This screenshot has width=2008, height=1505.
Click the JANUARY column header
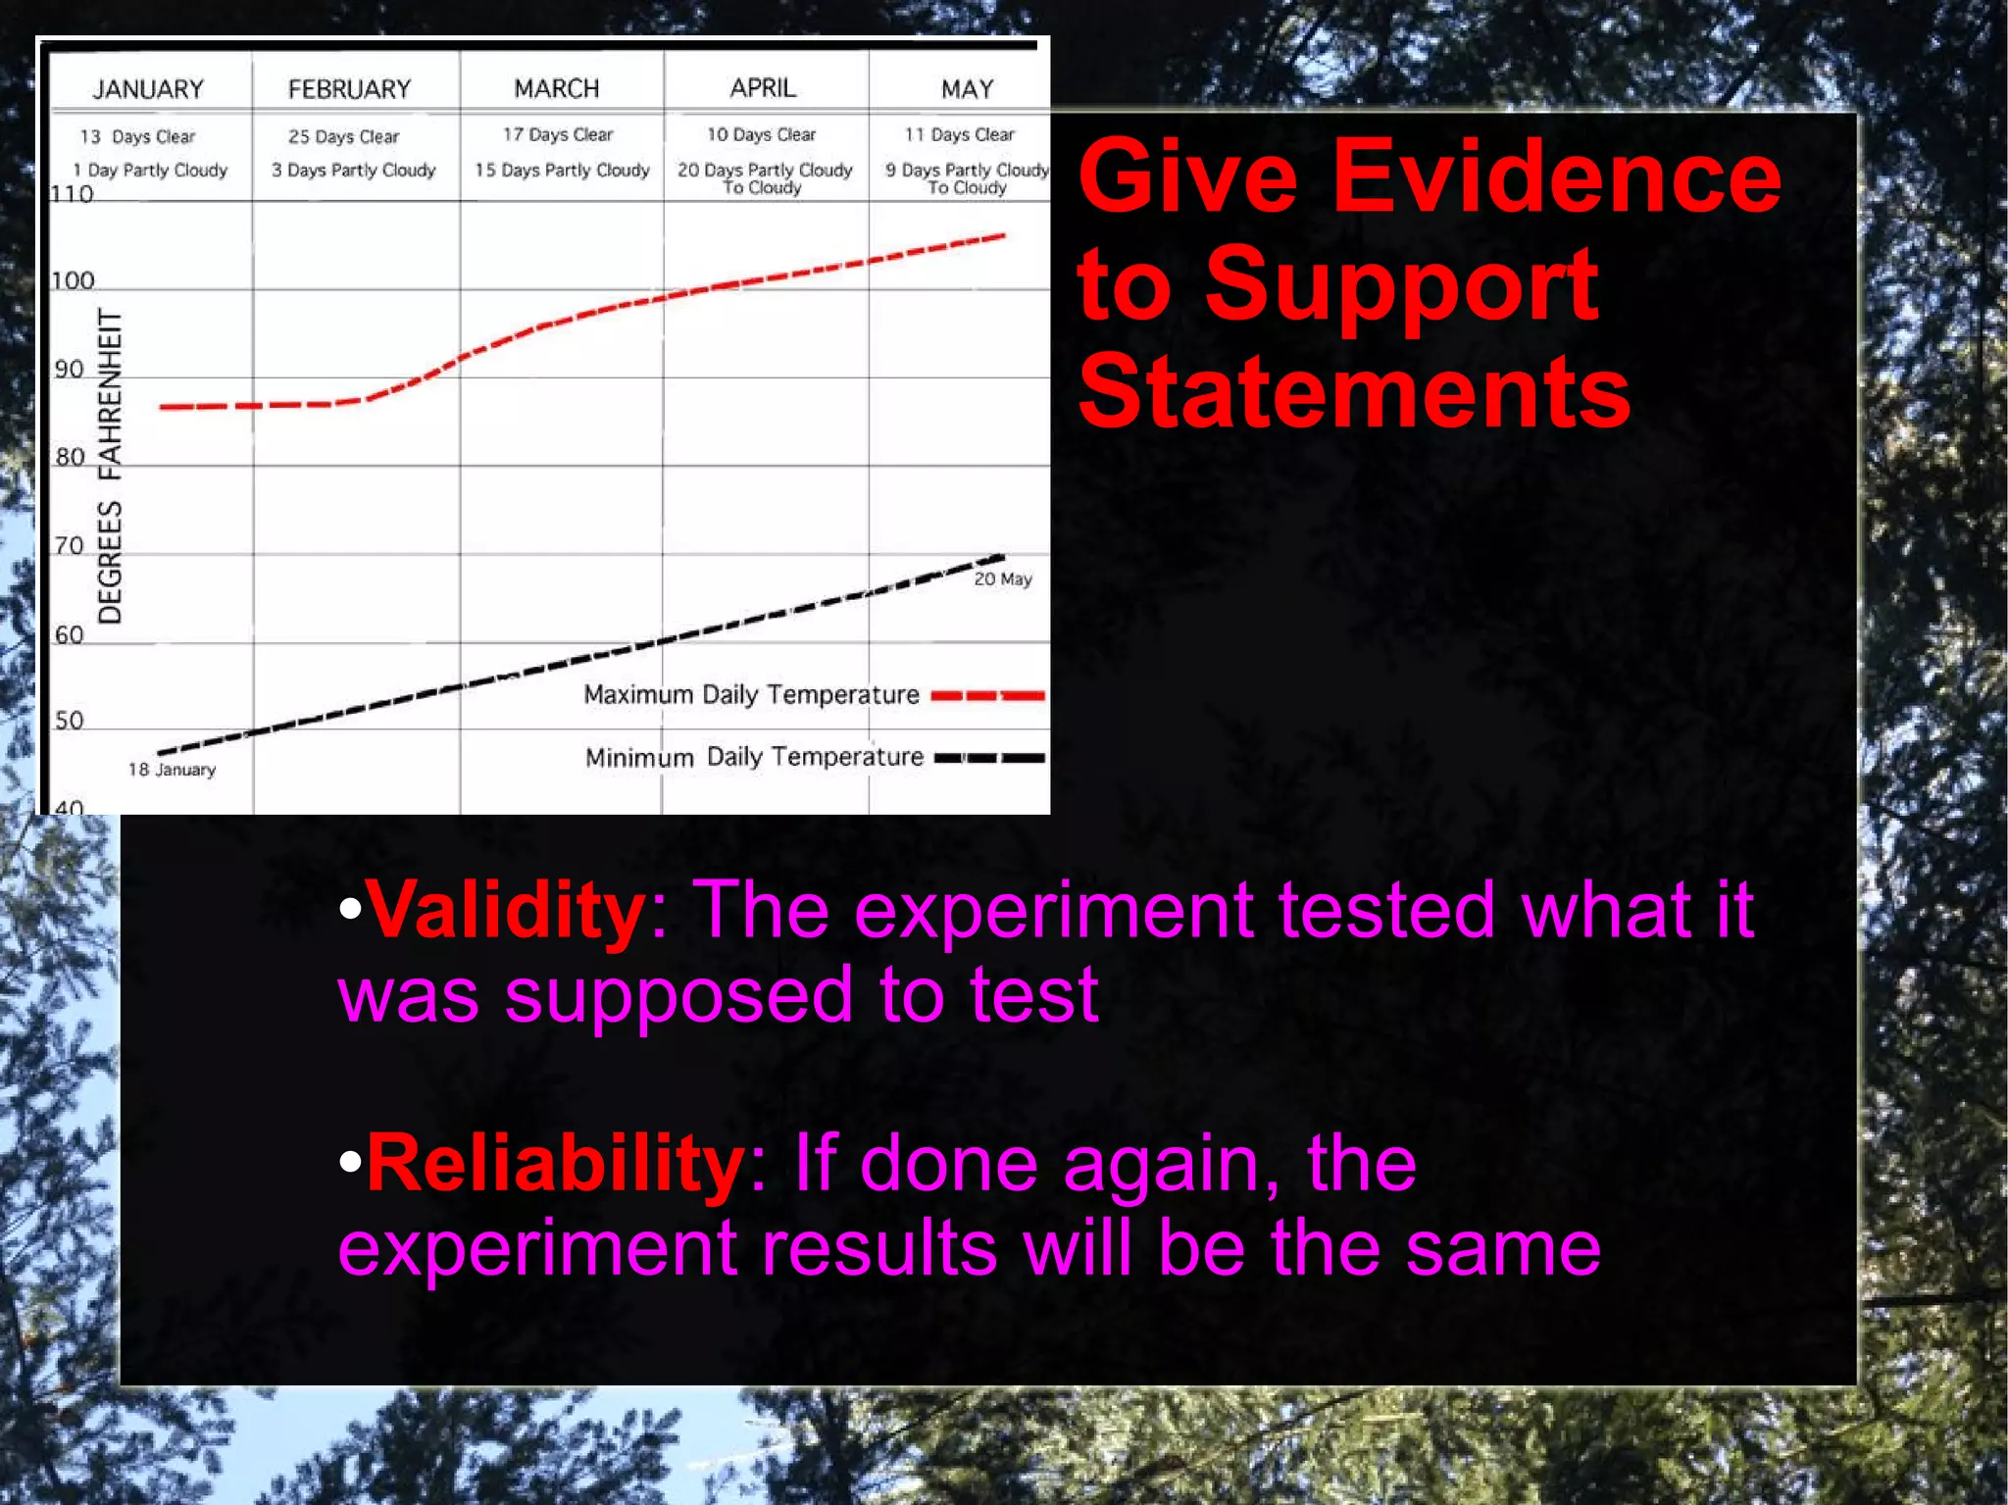click(148, 89)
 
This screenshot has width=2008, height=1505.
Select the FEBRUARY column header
click(349, 89)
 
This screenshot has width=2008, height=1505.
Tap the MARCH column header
click(557, 88)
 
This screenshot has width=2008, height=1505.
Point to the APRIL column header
click(763, 87)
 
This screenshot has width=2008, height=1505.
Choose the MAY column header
click(967, 89)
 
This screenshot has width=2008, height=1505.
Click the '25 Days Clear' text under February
click(343, 136)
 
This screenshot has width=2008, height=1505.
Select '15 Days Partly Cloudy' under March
click(562, 170)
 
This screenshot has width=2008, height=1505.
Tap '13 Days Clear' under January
click(137, 136)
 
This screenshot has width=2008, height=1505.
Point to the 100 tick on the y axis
click(73, 281)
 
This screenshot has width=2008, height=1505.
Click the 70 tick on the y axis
click(69, 546)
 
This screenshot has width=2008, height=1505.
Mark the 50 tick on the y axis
click(69, 722)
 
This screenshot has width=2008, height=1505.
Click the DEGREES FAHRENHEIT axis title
click(111, 466)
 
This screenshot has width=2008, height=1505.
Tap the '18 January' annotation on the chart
click(172, 770)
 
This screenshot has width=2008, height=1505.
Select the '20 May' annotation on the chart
click(1003, 579)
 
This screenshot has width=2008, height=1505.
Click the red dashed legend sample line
click(987, 696)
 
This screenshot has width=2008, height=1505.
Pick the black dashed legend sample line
click(989, 758)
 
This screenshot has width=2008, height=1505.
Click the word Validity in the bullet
click(506, 910)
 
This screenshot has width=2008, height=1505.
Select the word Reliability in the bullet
click(556, 1163)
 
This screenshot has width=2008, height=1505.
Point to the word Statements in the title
click(1354, 392)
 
